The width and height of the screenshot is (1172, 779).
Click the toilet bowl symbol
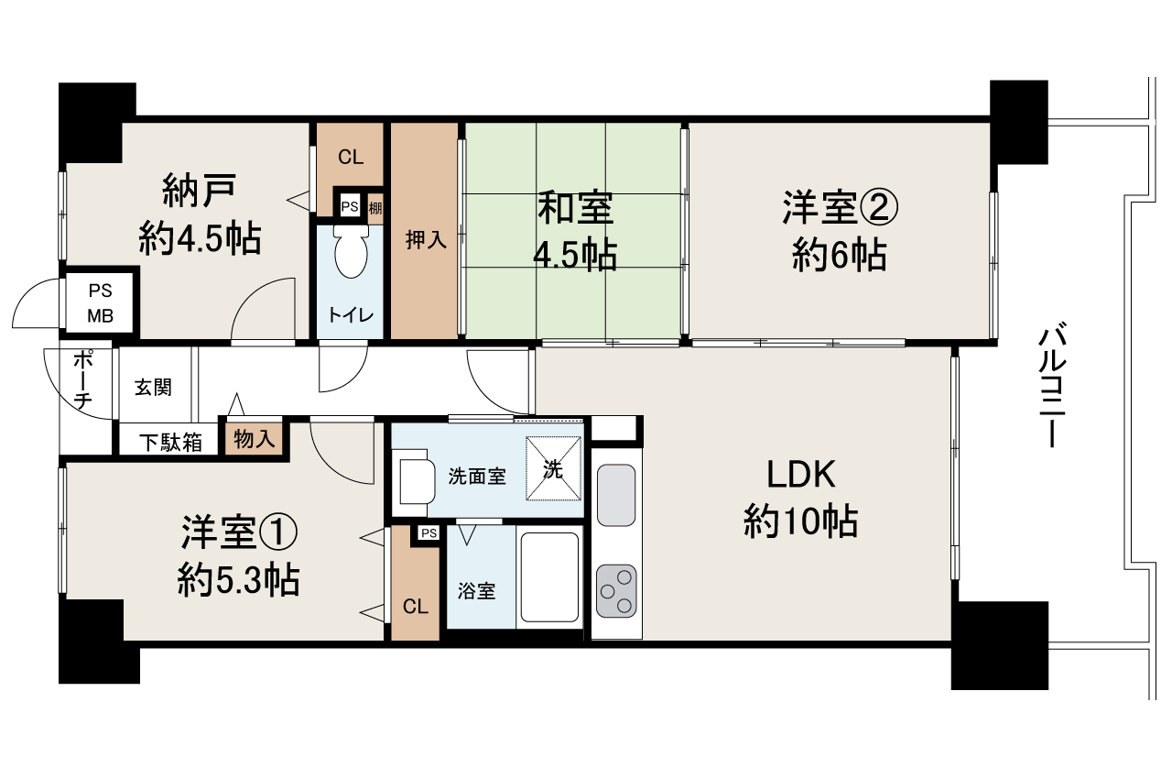coord(351,252)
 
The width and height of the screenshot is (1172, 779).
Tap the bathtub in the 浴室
coord(550,577)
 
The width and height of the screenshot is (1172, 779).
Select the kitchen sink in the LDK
coord(616,495)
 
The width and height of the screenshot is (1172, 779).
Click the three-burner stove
coord(616,591)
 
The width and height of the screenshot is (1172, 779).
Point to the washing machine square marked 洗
coord(553,468)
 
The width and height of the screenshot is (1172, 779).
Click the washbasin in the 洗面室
coord(417,481)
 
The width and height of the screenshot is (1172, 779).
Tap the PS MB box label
coord(100,303)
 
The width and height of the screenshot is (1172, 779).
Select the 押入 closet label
coord(426,240)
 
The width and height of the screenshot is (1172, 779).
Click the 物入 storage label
coord(255,439)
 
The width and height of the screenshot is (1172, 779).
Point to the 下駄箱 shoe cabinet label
coord(170,443)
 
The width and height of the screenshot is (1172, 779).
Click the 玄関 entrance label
coord(153,388)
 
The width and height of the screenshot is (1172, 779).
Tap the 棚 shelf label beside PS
coord(375,208)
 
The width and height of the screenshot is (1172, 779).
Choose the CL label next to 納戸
coord(351,157)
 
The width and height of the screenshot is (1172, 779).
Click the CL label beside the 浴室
coord(416,607)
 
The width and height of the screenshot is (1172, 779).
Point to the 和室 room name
coord(576,208)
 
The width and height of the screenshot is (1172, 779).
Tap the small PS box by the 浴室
coord(429,533)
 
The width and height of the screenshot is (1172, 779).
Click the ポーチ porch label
coord(83,379)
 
